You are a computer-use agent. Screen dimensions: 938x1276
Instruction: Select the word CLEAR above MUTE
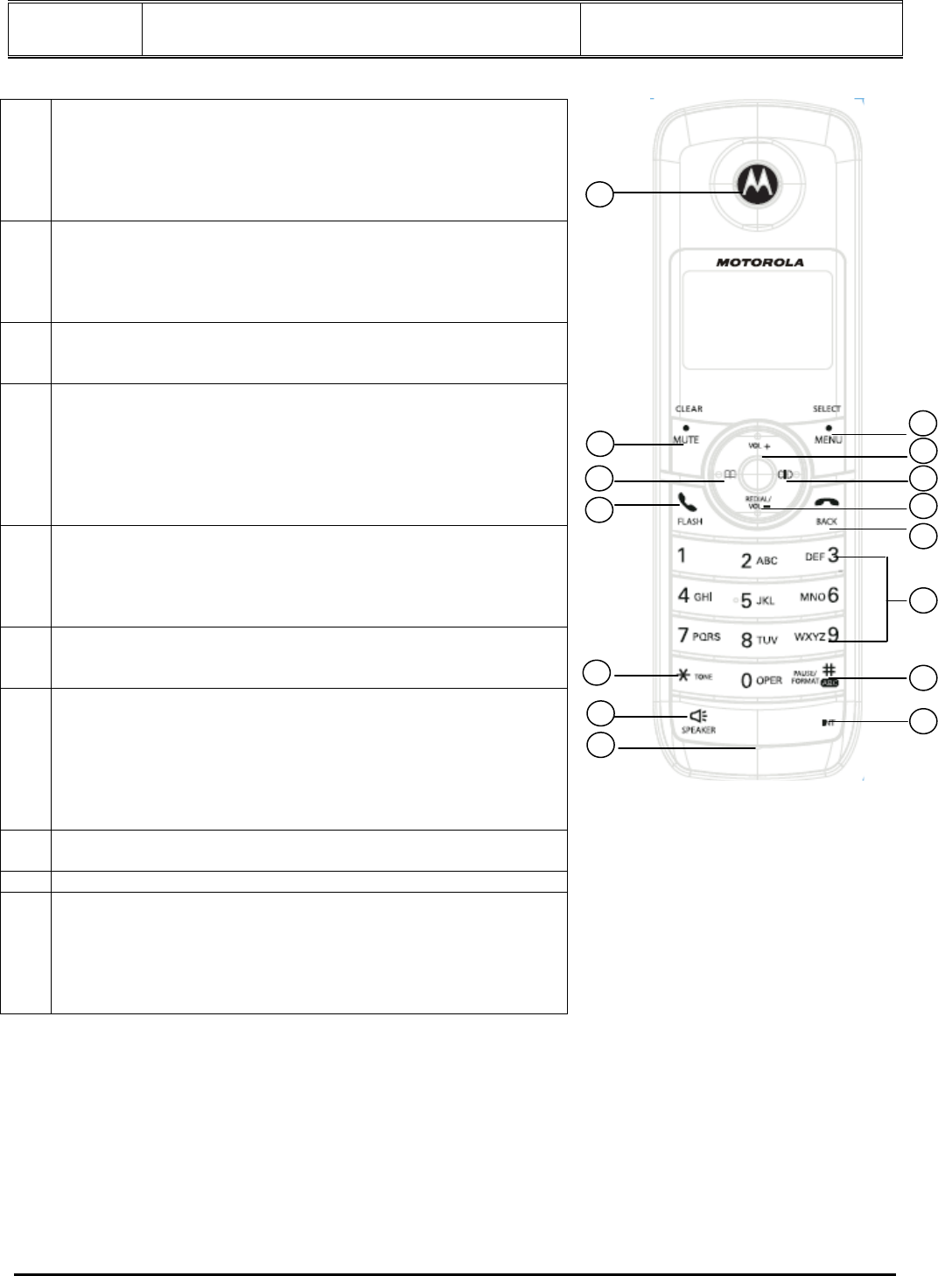point(689,409)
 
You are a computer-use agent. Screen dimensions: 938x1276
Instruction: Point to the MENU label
point(827,439)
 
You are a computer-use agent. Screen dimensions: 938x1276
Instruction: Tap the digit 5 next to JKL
point(746,601)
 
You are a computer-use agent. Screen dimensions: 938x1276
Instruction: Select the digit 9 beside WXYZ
point(834,636)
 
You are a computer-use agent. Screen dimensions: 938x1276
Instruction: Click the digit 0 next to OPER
point(746,680)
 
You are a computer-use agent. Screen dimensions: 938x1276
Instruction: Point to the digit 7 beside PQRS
point(682,635)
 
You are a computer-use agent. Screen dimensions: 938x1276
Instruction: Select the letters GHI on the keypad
point(703,597)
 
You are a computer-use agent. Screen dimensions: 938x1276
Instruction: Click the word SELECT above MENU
point(826,409)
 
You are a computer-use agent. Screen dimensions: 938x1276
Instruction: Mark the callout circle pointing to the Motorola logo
point(599,194)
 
